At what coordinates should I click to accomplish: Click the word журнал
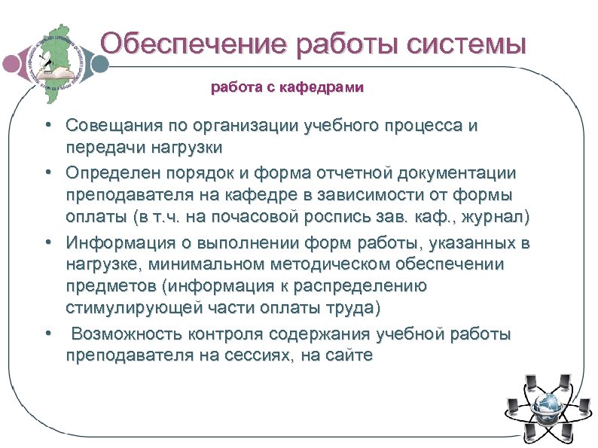pyautogui.click(x=502, y=218)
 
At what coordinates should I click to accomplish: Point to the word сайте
pyautogui.click(x=347, y=355)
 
